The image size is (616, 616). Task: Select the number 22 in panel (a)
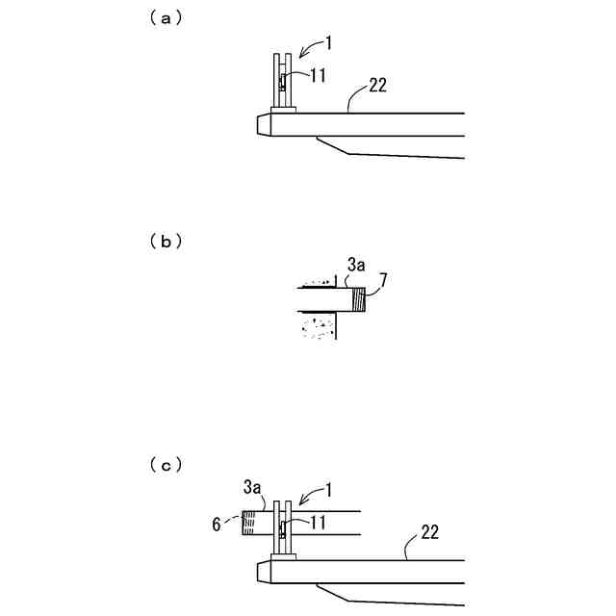tap(377, 86)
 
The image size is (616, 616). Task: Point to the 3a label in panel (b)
tap(355, 262)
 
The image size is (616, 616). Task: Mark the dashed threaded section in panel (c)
tap(249, 523)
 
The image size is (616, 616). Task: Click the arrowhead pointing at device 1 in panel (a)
tap(299, 54)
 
